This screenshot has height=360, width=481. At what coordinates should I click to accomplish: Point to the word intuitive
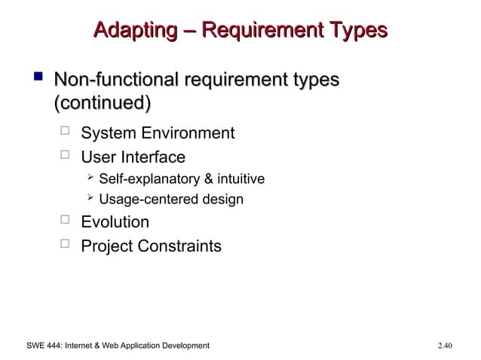[x=240, y=180]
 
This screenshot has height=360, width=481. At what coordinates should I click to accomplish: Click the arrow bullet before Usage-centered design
[x=90, y=199]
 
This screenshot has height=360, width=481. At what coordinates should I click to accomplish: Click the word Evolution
[x=115, y=222]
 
